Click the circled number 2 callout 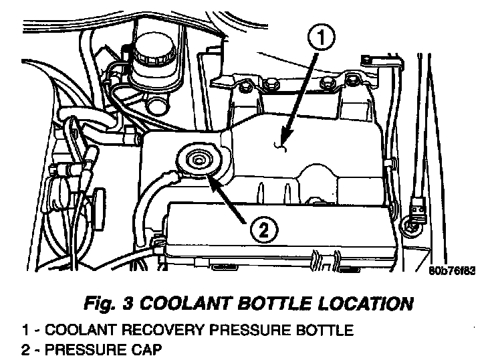tap(262, 230)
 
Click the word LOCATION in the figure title tap(370, 304)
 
